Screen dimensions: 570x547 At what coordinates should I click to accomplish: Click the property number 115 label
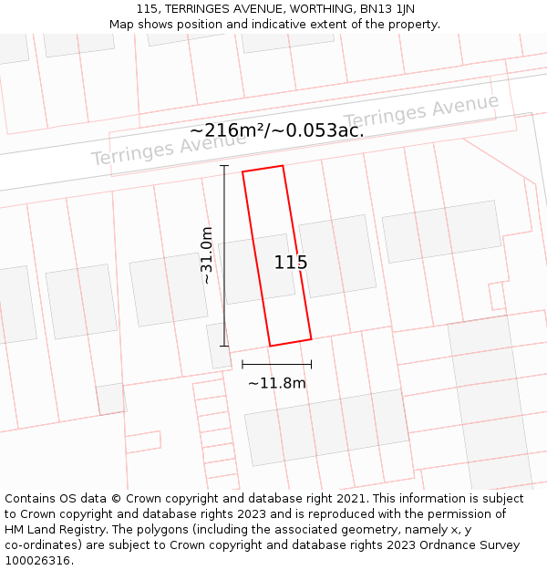click(291, 263)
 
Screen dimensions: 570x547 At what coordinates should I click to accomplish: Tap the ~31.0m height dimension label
click(207, 255)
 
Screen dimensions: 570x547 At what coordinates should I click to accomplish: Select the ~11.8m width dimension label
click(276, 383)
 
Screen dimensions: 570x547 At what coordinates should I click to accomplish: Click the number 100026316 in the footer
click(39, 561)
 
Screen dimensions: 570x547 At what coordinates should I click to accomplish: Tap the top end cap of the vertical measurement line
click(224, 166)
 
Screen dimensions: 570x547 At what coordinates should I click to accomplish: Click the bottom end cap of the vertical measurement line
click(224, 346)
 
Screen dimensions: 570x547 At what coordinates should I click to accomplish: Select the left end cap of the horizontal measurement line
click(243, 364)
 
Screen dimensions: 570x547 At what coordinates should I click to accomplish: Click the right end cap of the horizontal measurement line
click(311, 364)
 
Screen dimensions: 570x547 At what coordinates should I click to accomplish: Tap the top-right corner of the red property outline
click(283, 166)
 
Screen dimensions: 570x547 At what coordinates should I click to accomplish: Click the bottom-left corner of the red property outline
click(270, 346)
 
